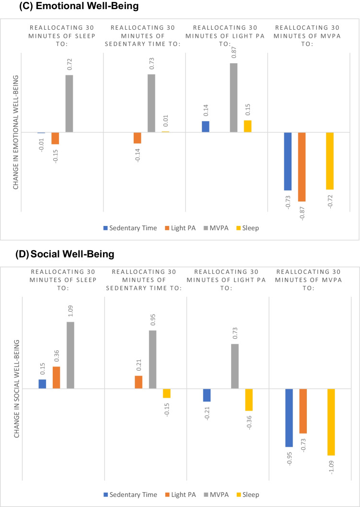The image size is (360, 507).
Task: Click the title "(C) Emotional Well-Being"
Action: tap(59, 7)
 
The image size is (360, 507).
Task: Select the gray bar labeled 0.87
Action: tap(233, 97)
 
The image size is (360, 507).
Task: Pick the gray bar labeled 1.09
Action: tap(70, 355)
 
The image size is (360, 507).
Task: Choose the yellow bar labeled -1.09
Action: tap(331, 422)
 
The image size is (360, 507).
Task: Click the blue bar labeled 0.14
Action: tap(205, 127)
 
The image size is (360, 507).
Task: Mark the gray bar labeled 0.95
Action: tap(152, 359)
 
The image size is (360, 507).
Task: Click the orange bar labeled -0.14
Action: tap(138, 138)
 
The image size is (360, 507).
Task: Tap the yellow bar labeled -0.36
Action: tap(249, 400)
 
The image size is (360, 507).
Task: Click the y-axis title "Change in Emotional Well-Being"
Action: tap(16, 125)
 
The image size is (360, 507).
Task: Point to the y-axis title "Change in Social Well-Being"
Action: tap(16, 382)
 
